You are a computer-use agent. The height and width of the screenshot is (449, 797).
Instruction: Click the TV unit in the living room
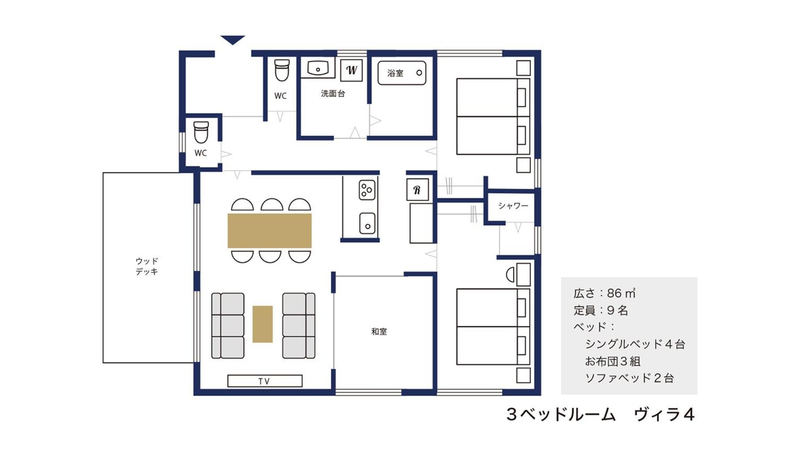tap(265, 381)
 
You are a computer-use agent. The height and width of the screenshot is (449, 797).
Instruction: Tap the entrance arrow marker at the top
tap(233, 40)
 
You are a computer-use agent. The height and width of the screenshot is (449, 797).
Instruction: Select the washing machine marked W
tap(351, 70)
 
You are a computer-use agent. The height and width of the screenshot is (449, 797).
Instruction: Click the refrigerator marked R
tap(417, 190)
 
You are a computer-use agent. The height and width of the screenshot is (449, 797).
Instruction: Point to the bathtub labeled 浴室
tap(402, 73)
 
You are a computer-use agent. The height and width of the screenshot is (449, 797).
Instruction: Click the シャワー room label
tap(513, 206)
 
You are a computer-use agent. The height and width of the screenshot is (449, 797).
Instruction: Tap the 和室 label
tap(379, 331)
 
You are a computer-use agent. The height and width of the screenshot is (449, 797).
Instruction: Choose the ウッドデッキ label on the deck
tap(147, 266)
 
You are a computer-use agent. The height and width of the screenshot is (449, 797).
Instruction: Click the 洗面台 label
tap(333, 93)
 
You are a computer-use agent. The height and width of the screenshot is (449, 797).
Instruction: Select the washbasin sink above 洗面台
tap(318, 68)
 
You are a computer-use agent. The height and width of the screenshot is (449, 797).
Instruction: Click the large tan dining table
tap(270, 231)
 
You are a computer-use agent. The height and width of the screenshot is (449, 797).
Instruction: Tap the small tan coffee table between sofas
tap(262, 324)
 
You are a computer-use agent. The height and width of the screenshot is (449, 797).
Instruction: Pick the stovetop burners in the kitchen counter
tap(367, 190)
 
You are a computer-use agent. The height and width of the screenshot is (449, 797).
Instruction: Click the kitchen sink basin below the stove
tap(367, 223)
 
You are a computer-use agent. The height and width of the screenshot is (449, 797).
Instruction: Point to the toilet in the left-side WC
tap(201, 132)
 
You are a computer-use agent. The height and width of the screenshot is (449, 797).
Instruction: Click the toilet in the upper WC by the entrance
tap(282, 70)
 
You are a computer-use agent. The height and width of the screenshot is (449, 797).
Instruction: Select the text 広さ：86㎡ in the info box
tap(604, 293)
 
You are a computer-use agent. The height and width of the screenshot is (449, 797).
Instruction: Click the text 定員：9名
tap(600, 310)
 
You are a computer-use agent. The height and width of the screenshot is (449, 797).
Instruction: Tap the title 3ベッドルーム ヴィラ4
tap(600, 414)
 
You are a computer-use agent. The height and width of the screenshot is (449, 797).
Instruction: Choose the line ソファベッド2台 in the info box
tap(629, 378)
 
